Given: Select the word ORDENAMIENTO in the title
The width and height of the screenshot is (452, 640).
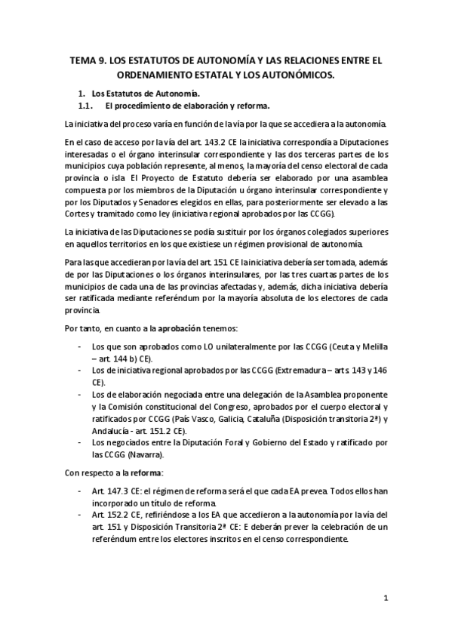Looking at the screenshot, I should pyautogui.click(x=161, y=75).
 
